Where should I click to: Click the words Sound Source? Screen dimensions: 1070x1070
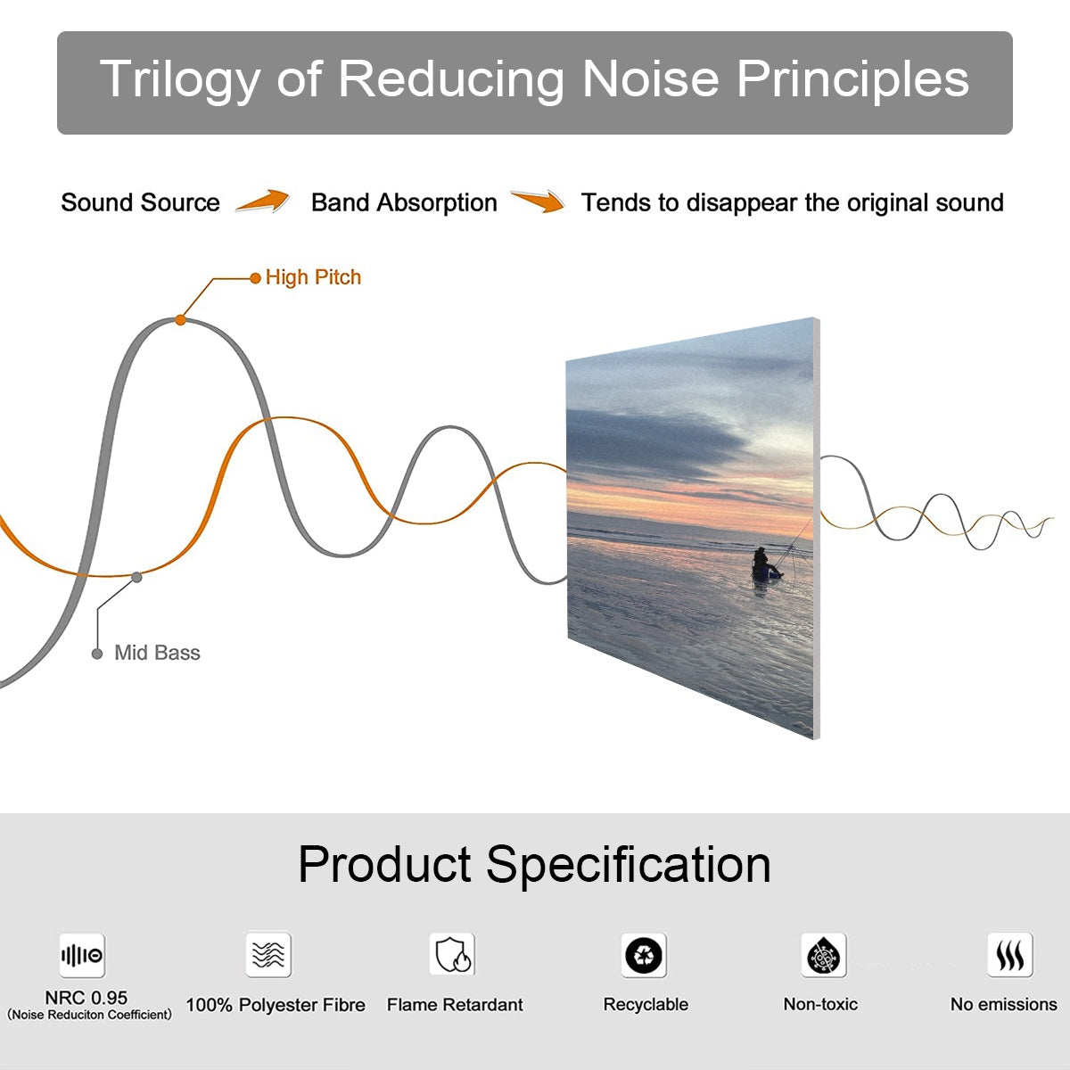[x=141, y=202]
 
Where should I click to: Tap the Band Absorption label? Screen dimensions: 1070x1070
[x=404, y=203]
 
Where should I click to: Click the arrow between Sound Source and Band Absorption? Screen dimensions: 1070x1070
[x=263, y=201]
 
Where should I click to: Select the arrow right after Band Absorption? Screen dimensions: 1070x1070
[x=538, y=201]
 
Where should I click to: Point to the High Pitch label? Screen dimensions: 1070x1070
[x=313, y=277]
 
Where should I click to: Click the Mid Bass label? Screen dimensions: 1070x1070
[x=157, y=653]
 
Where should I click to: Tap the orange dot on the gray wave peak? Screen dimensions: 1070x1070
[x=180, y=320]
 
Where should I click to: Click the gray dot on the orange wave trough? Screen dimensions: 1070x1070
[x=136, y=578]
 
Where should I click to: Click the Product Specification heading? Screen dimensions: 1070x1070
[x=534, y=865]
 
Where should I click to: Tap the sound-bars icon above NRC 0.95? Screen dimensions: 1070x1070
[x=82, y=955]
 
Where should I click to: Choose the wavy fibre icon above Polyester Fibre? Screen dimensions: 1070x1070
[x=268, y=954]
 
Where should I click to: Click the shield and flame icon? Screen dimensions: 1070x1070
[x=452, y=954]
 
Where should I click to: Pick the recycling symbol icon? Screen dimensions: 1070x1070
[x=644, y=955]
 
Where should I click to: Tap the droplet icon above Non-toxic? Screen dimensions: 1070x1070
[x=824, y=955]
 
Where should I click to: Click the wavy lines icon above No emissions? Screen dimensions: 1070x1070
[x=1010, y=955]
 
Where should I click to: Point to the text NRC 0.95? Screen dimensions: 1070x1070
[x=86, y=998]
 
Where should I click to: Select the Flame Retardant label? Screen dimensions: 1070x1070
[x=455, y=1005]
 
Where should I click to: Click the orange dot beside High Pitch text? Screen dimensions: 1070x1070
[x=255, y=278]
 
